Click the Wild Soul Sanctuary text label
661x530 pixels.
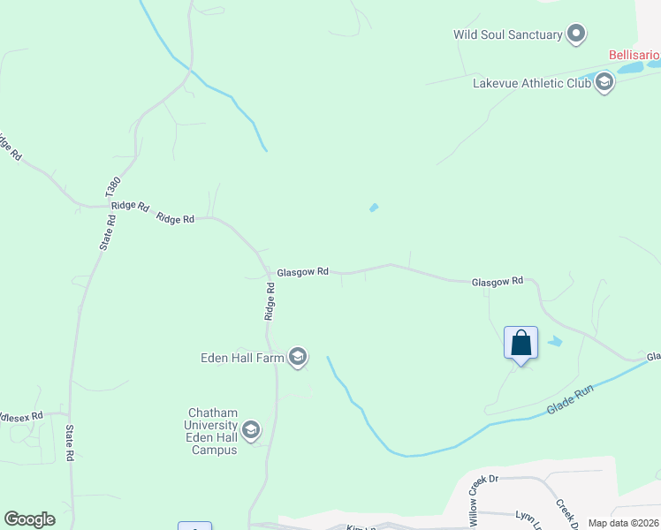coord(508,35)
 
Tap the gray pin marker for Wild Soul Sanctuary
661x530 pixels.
coord(577,34)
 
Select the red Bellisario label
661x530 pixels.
coord(634,55)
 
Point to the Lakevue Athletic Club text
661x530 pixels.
coord(530,84)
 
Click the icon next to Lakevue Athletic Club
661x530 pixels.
coord(604,84)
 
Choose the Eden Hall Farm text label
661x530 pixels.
coord(241,358)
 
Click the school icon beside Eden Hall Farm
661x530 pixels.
coord(298,357)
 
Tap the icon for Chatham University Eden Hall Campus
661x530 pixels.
coord(251,430)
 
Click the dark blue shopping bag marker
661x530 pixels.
coord(520,343)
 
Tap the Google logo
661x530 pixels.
coord(30,519)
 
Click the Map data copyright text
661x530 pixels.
coord(622,523)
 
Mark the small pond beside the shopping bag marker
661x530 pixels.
coord(554,341)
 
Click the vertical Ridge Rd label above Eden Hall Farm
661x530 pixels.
coord(270,300)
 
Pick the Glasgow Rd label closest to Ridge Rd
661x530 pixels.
coord(302,273)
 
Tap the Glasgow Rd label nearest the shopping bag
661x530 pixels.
coord(498,282)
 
